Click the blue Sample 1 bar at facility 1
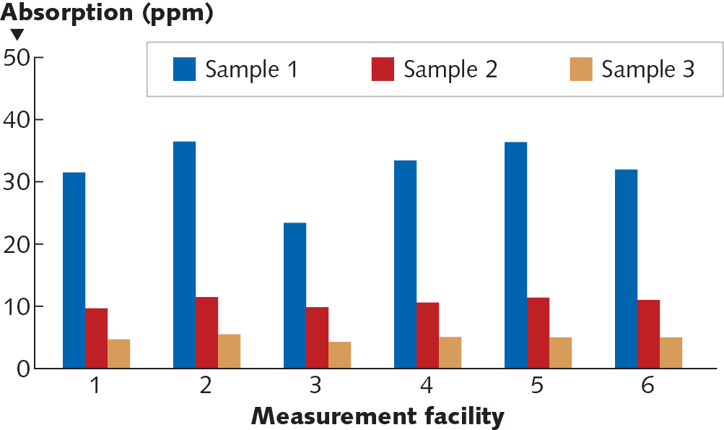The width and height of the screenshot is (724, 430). coord(74,270)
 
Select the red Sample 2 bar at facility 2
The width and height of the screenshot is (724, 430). coord(206,332)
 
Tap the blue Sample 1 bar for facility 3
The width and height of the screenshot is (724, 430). coord(295,296)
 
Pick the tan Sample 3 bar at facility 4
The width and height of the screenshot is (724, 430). coord(450,353)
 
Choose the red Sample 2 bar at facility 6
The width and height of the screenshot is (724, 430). coord(648,334)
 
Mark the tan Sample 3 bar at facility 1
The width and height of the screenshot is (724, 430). coord(118,353)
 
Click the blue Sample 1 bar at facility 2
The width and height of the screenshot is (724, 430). coord(184,255)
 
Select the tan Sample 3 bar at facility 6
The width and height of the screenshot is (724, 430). coord(671,353)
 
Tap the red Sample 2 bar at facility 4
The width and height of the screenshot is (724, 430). coord(427,335)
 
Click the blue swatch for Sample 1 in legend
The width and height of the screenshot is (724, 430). coord(184,69)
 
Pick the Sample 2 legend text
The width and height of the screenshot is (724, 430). coord(450,69)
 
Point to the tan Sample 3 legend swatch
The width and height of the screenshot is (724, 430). coord(580,69)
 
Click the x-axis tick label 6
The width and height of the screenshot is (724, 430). coord(647,386)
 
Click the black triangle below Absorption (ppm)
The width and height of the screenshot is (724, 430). coord(17,34)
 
